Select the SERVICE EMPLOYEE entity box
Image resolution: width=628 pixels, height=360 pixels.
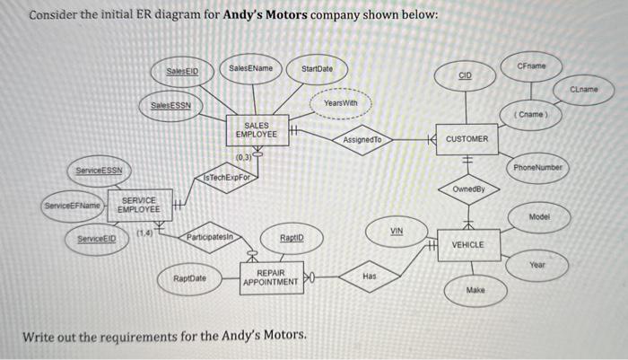[x=139, y=205]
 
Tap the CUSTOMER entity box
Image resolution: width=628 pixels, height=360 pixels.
[x=467, y=139]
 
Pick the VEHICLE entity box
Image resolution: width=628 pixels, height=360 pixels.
[x=467, y=244]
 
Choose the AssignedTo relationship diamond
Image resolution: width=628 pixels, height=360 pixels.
[x=362, y=140]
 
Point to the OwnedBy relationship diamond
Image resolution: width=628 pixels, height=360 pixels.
[x=467, y=189]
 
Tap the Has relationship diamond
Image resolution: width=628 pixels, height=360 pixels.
[x=370, y=277]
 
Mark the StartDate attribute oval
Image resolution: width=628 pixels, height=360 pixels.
[x=317, y=69]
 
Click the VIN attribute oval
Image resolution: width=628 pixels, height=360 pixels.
[x=396, y=231]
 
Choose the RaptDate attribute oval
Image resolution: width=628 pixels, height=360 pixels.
[x=189, y=279]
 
